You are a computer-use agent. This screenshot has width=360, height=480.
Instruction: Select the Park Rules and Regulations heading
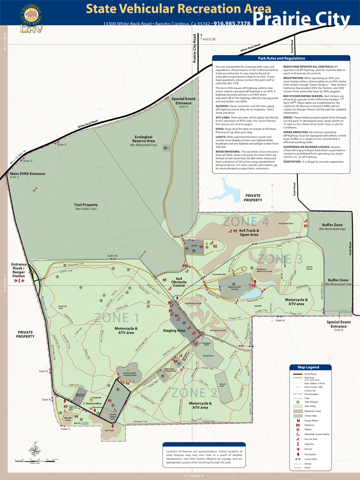click(281, 59)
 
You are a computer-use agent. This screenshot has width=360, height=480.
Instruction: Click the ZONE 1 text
click(117, 317)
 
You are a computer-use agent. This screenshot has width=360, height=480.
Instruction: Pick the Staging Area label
click(174, 330)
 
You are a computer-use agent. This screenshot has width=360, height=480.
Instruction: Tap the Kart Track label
click(109, 430)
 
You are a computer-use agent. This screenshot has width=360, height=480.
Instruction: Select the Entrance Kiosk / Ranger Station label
click(18, 270)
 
